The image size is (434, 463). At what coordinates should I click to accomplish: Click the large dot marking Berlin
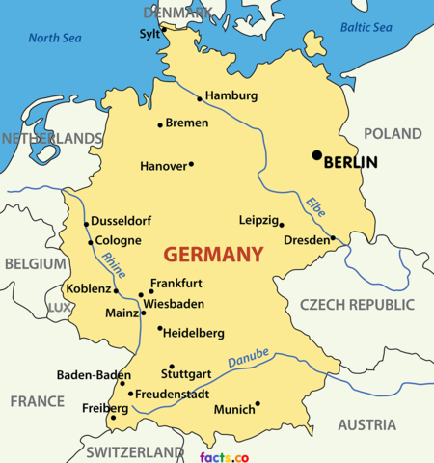click(316, 155)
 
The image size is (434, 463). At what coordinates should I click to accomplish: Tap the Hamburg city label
click(231, 96)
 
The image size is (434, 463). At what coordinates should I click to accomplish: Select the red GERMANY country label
click(213, 255)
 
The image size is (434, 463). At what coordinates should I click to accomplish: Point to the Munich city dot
click(258, 404)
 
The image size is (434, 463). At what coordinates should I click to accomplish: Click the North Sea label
click(54, 39)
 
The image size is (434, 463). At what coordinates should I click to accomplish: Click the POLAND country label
click(393, 133)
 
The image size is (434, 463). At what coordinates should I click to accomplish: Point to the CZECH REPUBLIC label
click(357, 304)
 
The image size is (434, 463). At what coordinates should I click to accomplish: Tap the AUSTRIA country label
click(366, 424)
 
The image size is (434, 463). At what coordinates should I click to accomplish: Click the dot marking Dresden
click(333, 238)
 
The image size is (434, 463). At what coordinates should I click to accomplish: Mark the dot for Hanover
click(191, 164)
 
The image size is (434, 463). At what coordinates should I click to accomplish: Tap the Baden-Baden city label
click(94, 374)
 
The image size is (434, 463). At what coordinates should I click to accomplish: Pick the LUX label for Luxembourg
click(60, 307)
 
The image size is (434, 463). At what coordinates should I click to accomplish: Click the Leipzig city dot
click(282, 225)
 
